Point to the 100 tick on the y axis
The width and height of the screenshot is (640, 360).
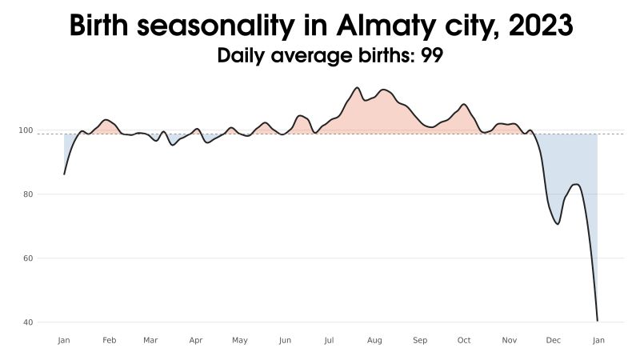tap(48, 130)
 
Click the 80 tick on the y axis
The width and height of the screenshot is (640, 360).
tap(50, 194)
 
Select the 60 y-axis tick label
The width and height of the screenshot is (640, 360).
tap(50, 258)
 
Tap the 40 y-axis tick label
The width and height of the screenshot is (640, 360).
tap(50, 322)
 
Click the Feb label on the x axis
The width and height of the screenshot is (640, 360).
tap(110, 340)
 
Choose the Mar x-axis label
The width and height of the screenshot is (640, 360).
tap(150, 340)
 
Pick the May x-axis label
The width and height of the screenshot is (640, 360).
tap(240, 340)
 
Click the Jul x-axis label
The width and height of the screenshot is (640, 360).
tap(329, 340)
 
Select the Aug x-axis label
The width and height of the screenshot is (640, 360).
tap(374, 340)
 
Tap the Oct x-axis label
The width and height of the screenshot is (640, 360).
tap(464, 340)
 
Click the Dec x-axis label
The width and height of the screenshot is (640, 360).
tap(554, 340)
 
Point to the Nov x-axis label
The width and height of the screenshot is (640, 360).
tap(510, 340)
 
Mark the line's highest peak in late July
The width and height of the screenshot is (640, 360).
tap(357, 87)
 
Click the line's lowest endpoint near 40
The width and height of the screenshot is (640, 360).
tap(598, 321)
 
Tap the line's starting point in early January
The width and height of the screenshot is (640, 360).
tap(64, 174)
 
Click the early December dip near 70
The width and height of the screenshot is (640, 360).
tap(558, 224)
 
